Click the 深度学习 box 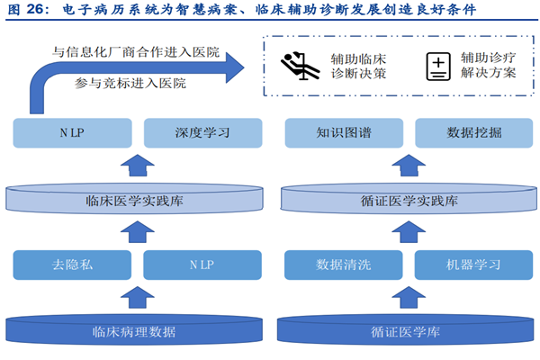click(x=202, y=133)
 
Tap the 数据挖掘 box click(x=473, y=133)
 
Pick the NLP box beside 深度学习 click(x=73, y=133)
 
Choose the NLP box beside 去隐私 click(x=202, y=265)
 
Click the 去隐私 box click(x=73, y=265)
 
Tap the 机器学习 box click(x=473, y=265)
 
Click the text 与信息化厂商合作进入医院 click(x=136, y=52)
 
